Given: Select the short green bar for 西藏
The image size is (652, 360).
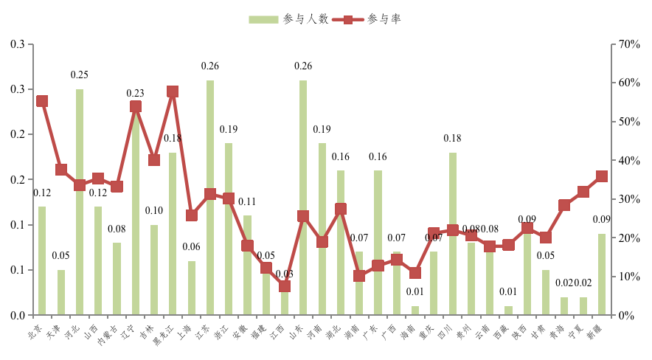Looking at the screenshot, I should coord(508,311).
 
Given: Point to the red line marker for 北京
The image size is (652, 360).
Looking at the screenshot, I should coord(42,102).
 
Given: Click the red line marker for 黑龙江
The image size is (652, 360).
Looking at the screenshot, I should coord(173,92).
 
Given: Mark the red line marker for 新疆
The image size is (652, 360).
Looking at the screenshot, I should coord(602,176).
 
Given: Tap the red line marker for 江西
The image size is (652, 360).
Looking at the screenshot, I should coord(285,286).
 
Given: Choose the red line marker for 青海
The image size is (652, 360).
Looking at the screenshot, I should coord(564,205).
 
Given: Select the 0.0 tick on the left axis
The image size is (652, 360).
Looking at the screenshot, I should coord(18,315).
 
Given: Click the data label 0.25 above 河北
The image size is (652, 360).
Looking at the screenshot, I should coord(80,75).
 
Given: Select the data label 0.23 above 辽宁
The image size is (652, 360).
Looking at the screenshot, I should coord(136,94).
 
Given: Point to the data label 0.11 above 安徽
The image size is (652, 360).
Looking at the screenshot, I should coord(247,201).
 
